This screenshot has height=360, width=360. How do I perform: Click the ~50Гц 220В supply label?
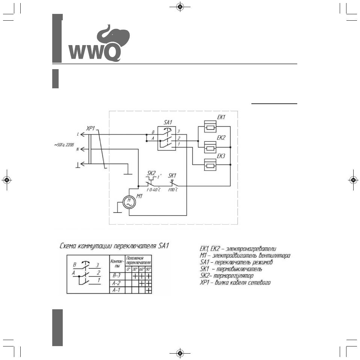pyautogui.click(x=67, y=145)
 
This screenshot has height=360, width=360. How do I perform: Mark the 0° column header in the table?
pyautogui.click(x=128, y=269)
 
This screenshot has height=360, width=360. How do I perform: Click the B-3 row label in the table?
pyautogui.click(x=116, y=276)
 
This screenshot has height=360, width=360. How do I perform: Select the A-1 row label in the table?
pyautogui.click(x=116, y=290)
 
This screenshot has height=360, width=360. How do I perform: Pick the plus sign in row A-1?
pyautogui.click(x=148, y=290)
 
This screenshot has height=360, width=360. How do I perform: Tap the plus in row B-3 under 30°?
pyautogui.click(x=135, y=276)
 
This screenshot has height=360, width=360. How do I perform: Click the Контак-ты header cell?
pyautogui.click(x=116, y=262)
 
